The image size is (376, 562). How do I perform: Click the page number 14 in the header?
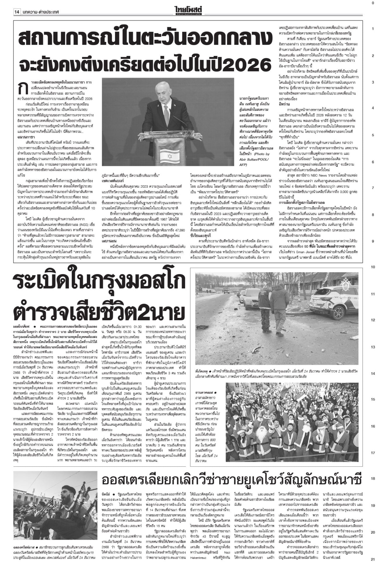coord(17,12)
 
